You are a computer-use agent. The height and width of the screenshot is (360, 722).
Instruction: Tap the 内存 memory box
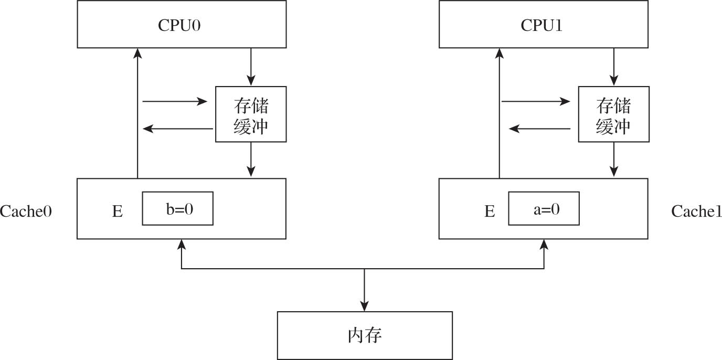(364, 335)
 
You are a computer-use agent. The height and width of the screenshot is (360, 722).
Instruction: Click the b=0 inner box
(178, 209)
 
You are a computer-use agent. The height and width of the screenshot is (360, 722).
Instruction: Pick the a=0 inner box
(544, 209)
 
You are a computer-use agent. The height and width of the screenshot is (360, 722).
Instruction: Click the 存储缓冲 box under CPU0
(251, 114)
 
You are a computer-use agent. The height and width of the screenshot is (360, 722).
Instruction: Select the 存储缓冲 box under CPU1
(613, 114)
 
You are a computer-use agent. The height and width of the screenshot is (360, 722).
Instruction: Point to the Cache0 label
(28, 211)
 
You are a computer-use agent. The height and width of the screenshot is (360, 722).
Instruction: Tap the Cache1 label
(696, 211)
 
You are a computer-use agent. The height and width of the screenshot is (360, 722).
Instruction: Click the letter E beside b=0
(117, 211)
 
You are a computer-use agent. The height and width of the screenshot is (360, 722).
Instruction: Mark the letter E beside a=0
(489, 211)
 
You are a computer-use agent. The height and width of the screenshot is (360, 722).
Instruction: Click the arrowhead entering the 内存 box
(364, 306)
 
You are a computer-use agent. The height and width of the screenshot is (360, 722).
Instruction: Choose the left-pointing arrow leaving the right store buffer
(540, 128)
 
